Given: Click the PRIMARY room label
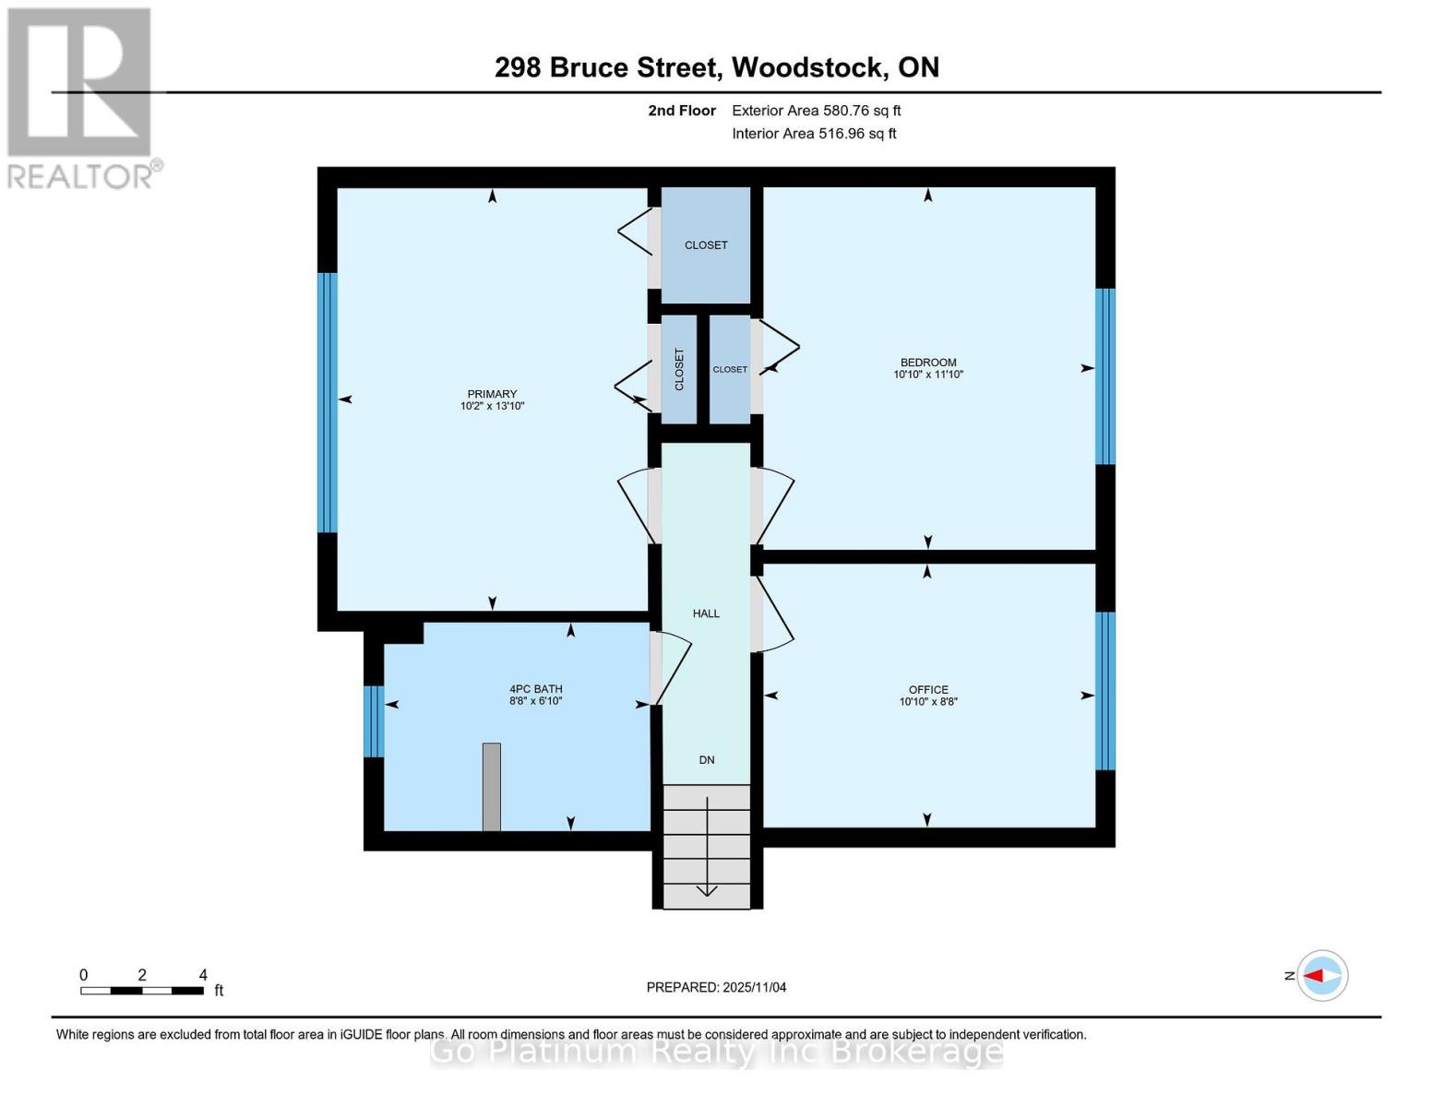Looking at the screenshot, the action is point(492,394).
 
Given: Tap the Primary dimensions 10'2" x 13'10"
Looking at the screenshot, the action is point(492,406).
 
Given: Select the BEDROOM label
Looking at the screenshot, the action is point(928,362).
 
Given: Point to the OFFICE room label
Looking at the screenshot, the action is point(928,690).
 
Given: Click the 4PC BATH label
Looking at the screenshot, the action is point(535,689).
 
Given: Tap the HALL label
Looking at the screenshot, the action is point(706,613).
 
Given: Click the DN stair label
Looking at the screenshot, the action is point(706,759).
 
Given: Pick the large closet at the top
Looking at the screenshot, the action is point(706,244).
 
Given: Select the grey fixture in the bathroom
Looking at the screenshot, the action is point(491,787).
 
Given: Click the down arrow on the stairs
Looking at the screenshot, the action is point(707,847).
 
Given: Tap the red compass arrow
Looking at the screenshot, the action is point(1313,976).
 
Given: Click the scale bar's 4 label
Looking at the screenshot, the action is point(203,974).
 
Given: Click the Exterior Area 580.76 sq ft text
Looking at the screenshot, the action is point(817,111).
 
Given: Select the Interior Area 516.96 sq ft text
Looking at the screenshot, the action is point(815,134).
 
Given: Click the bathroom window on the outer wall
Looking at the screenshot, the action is point(374,721).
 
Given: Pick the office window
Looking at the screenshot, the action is point(1105,691).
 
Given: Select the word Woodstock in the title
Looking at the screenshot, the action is point(808,67).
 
